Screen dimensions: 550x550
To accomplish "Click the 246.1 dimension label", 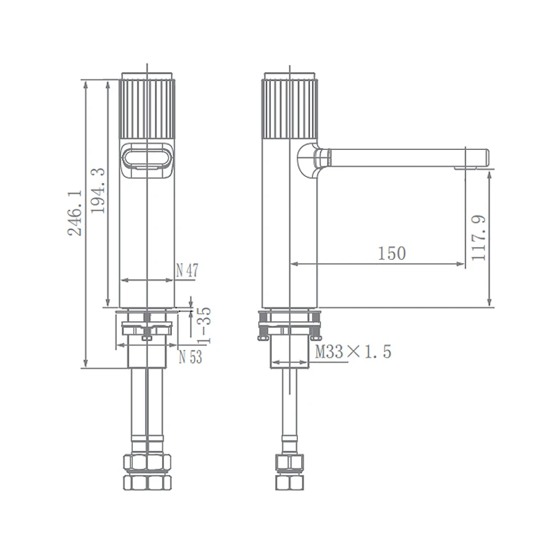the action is pyautogui.click(x=75, y=213).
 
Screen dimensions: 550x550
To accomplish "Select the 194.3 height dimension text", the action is pyautogui.click(x=98, y=190).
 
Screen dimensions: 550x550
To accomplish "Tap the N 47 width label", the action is pyautogui.click(x=187, y=270).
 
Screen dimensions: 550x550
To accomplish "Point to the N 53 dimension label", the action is pyautogui.click(x=190, y=357).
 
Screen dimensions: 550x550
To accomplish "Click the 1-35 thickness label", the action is pyautogui.click(x=203, y=325).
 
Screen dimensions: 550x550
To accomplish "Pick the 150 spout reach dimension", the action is pyautogui.click(x=392, y=253).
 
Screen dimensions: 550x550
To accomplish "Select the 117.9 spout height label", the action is pyautogui.click(x=478, y=237).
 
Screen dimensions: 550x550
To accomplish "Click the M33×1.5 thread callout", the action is pyautogui.click(x=353, y=351).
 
